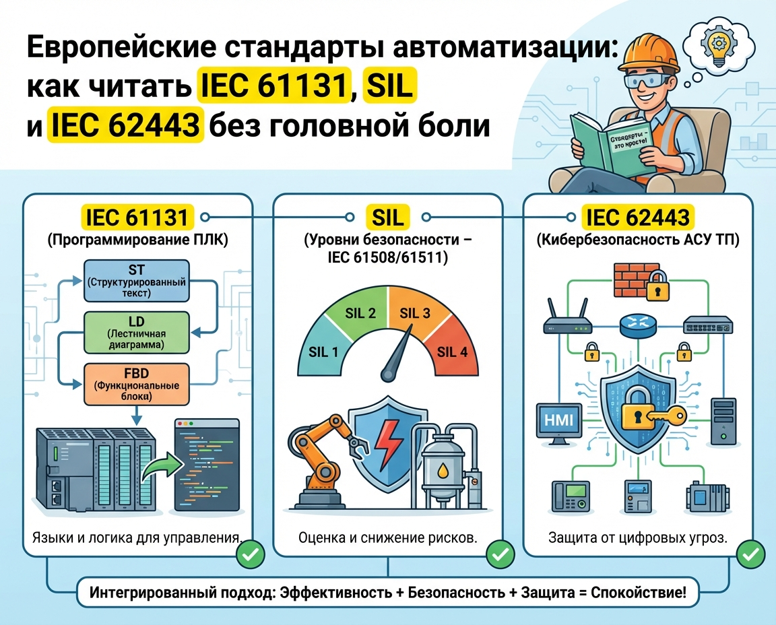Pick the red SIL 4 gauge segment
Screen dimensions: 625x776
(452, 351)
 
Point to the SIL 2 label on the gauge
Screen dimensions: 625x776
(360, 312)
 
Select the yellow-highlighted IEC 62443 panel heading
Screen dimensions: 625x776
(637, 218)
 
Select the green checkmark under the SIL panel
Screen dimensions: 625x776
(500, 555)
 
